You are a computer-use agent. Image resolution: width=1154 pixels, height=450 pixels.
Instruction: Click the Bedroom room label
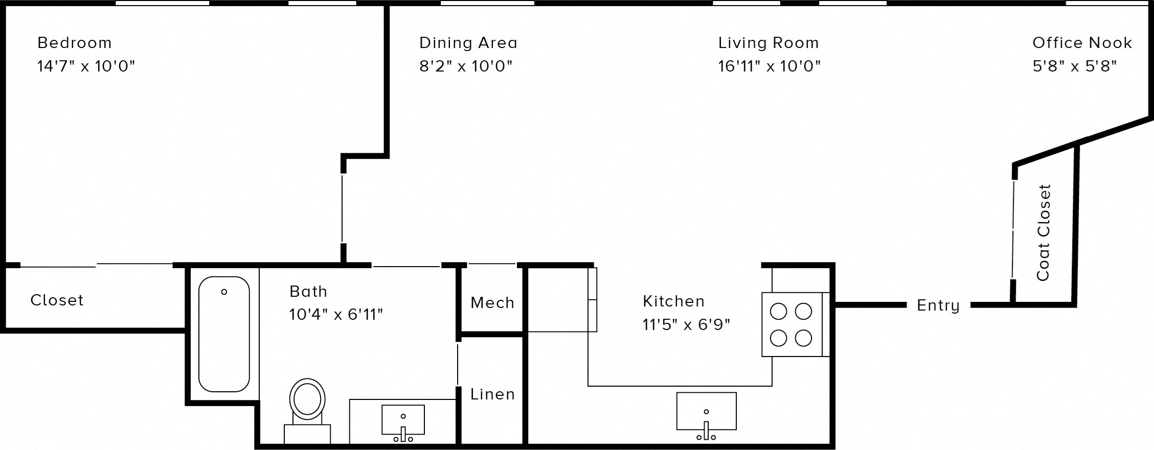(75, 43)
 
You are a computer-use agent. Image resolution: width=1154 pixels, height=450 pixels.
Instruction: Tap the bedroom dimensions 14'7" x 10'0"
(86, 66)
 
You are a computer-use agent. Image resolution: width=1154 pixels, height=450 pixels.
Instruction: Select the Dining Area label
(468, 43)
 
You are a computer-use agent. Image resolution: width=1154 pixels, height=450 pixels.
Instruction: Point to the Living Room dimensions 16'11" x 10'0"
(769, 66)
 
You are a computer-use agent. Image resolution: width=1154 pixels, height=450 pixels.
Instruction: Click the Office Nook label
(1082, 43)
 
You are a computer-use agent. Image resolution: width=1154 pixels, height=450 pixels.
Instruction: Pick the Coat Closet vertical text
(1043, 232)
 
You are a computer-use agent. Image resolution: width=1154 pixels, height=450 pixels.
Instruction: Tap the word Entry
(938, 305)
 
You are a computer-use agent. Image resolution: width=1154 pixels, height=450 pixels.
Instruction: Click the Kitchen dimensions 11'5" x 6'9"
(686, 324)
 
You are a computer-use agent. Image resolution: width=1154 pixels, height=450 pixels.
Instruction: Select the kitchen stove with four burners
(791, 324)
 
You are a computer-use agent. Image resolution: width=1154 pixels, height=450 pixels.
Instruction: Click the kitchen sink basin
(706, 411)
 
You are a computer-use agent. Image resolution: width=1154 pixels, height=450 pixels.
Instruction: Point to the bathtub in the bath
(224, 335)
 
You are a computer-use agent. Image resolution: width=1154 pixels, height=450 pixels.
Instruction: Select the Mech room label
(492, 303)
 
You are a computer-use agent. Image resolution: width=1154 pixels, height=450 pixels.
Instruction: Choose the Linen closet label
(492, 394)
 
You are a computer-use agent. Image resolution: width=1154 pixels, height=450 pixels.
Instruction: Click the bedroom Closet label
(57, 300)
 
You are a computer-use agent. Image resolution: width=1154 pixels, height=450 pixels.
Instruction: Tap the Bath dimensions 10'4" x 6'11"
(336, 315)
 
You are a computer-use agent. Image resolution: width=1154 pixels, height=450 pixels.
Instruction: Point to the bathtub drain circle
(224, 292)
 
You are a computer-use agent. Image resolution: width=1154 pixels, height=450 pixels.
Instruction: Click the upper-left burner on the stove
(778, 311)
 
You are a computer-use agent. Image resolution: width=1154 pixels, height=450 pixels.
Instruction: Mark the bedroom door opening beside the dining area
(342, 209)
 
